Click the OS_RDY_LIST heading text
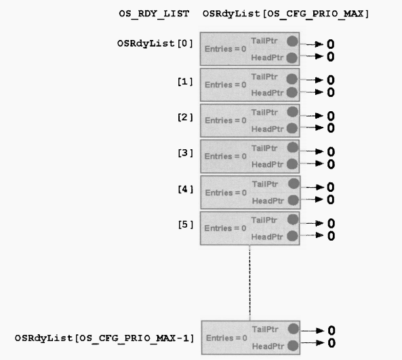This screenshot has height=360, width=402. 154,14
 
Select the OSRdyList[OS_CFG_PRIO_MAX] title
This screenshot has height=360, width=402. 285,14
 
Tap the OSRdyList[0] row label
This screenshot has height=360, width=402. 155,43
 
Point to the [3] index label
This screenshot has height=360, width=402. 185,153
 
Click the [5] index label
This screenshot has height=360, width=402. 185,225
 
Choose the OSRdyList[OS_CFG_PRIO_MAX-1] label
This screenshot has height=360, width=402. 104,338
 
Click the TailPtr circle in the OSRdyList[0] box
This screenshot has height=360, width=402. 292,41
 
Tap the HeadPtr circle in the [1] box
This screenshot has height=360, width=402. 292,92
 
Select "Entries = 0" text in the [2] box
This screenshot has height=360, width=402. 226,120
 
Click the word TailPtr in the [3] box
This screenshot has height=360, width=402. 264,148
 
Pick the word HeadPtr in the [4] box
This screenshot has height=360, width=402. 268,201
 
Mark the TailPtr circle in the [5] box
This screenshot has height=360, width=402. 293,220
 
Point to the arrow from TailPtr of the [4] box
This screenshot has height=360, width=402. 312,187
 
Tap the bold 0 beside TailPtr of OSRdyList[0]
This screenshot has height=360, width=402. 330,44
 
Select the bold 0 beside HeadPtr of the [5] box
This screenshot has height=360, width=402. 331,236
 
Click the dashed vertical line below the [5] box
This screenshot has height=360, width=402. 249,283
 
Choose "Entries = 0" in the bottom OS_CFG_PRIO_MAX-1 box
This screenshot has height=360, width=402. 226,338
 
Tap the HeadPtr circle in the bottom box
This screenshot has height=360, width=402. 293,346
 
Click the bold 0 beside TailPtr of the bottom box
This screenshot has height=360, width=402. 331,331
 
